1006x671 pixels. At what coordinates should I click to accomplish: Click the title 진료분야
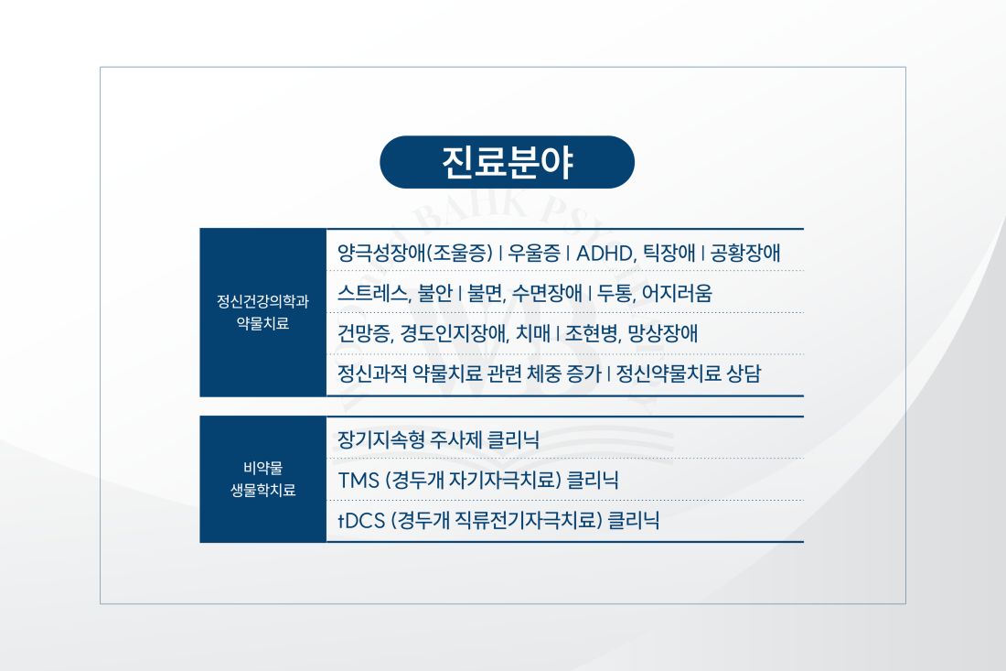pyautogui.click(x=507, y=162)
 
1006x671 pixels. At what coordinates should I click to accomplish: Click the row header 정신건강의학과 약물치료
pyautogui.click(x=263, y=312)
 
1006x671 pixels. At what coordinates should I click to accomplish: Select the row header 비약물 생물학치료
pyautogui.click(x=263, y=479)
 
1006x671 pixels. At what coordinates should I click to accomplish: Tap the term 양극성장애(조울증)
pyautogui.click(x=415, y=253)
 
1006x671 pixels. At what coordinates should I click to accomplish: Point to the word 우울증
pyautogui.click(x=534, y=253)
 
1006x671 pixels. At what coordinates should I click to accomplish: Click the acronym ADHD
pyautogui.click(x=605, y=253)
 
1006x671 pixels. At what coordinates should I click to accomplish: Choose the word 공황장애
pyautogui.click(x=744, y=253)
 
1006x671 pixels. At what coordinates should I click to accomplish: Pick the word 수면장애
pyautogui.click(x=547, y=294)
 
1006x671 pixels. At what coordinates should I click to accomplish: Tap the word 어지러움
pyautogui.click(x=677, y=294)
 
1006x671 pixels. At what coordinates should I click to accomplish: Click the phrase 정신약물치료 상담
pyautogui.click(x=689, y=373)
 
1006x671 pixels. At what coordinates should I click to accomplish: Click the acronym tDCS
pyautogui.click(x=361, y=521)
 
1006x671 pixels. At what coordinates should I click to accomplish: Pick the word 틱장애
pyautogui.click(x=669, y=253)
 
